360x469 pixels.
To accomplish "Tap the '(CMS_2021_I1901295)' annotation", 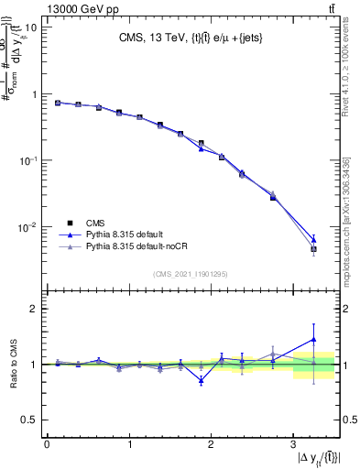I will (x=190, y=274).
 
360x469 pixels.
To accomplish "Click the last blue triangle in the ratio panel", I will (x=313, y=339).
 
